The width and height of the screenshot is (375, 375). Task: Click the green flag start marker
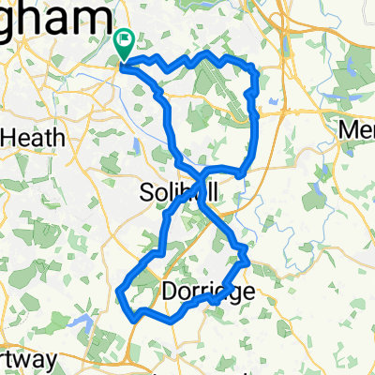pyautogui.click(x=124, y=42)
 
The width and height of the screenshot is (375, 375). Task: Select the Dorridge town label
pyautogui.click(x=208, y=292)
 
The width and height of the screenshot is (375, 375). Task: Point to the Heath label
pyautogui.click(x=34, y=137)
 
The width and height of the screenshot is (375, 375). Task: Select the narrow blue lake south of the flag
pyautogui.click(x=138, y=145)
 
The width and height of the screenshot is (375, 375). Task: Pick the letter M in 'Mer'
pyautogui.click(x=346, y=127)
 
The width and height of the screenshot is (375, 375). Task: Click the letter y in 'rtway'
pyautogui.click(x=51, y=361)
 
